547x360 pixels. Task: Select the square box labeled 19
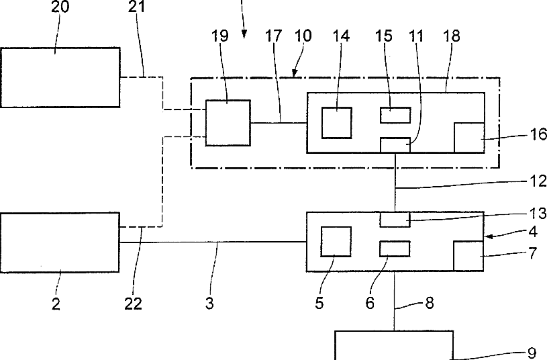[x=228, y=122]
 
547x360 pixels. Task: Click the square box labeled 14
[x=337, y=122]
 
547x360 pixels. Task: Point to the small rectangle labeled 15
[x=395, y=114]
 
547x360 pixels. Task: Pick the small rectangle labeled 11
[x=395, y=144]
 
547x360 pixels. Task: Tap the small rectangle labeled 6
[x=395, y=249]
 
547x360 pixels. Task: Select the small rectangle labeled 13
[x=395, y=220]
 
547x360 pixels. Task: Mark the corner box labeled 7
[x=468, y=256]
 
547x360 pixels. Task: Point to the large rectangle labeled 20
[x=60, y=77]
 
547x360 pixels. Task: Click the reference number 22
[x=134, y=304]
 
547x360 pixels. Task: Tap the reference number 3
[x=209, y=304]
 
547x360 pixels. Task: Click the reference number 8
[x=427, y=303]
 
